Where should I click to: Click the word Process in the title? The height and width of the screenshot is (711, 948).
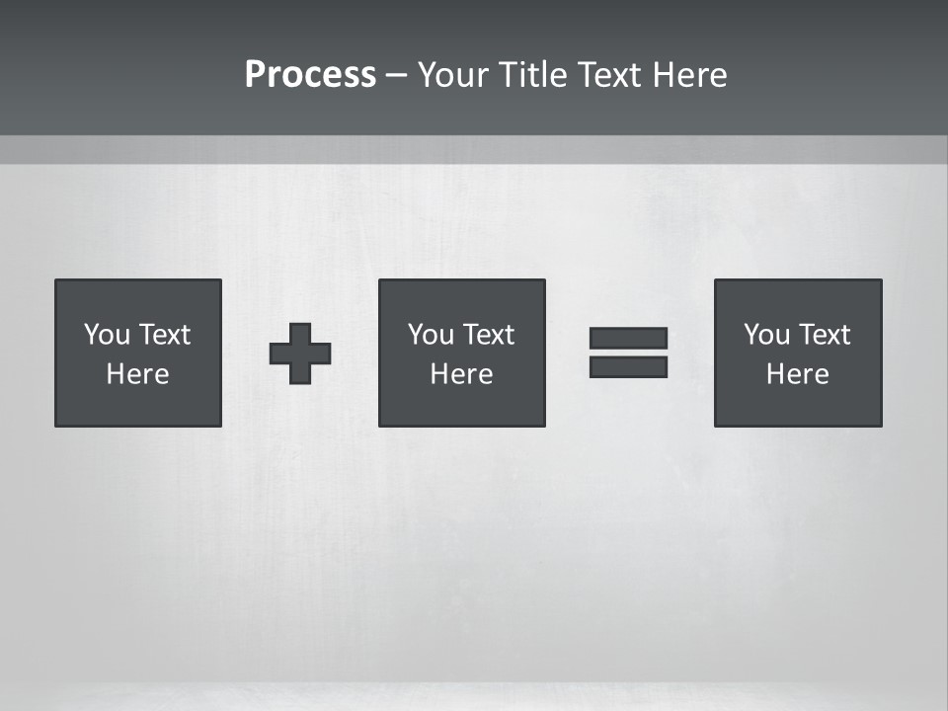click(x=310, y=75)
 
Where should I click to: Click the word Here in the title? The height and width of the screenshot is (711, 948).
click(x=690, y=75)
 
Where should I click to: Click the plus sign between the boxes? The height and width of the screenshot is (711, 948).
click(x=300, y=354)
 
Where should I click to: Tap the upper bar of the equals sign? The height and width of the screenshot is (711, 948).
click(x=628, y=338)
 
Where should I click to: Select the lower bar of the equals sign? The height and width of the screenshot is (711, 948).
click(x=628, y=366)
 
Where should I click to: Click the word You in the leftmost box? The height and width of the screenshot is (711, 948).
click(x=108, y=335)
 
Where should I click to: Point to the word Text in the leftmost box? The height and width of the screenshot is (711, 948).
click(x=164, y=335)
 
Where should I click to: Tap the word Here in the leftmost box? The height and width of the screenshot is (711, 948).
click(x=137, y=374)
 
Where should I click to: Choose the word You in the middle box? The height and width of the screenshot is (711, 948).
click(x=432, y=335)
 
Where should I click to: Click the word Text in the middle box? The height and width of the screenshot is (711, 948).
click(x=488, y=335)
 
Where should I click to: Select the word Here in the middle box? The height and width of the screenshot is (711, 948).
click(x=461, y=374)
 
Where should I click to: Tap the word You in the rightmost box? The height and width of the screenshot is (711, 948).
click(x=767, y=335)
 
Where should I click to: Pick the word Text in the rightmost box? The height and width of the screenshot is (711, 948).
click(x=824, y=335)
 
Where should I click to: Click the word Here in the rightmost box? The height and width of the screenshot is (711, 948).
click(x=797, y=374)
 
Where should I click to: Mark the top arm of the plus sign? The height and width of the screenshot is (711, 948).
click(x=300, y=333)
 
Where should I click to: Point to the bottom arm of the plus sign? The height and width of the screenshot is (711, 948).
click(x=300, y=374)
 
